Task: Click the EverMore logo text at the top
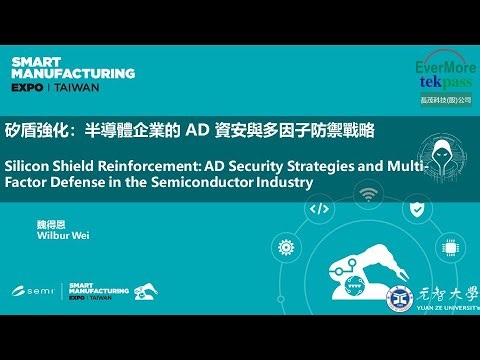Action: [x=446, y=67]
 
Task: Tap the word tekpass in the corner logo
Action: [x=446, y=85]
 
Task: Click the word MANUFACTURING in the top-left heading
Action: [x=73, y=73]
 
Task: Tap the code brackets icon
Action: [x=320, y=209]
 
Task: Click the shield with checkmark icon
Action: [x=421, y=209]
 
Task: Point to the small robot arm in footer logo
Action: [x=146, y=291]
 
